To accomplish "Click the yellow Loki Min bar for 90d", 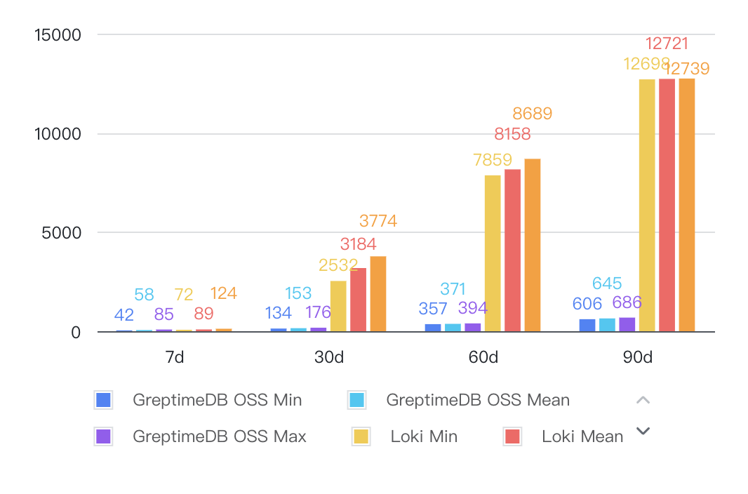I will [646, 205].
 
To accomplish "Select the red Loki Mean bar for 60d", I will [512, 250].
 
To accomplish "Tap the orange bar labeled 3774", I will [378, 293].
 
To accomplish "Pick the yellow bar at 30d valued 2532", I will [338, 306].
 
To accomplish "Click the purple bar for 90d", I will [627, 324].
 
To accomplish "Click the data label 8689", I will [532, 114].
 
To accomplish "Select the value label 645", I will [607, 283].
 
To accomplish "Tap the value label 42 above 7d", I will [124, 315].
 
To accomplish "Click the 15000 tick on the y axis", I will [58, 34].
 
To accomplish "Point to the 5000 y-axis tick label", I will [61, 233].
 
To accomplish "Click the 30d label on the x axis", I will [328, 357].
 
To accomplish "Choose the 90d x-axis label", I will [637, 357].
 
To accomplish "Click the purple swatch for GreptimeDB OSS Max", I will [103, 436].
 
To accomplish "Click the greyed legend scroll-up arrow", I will [643, 400].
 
